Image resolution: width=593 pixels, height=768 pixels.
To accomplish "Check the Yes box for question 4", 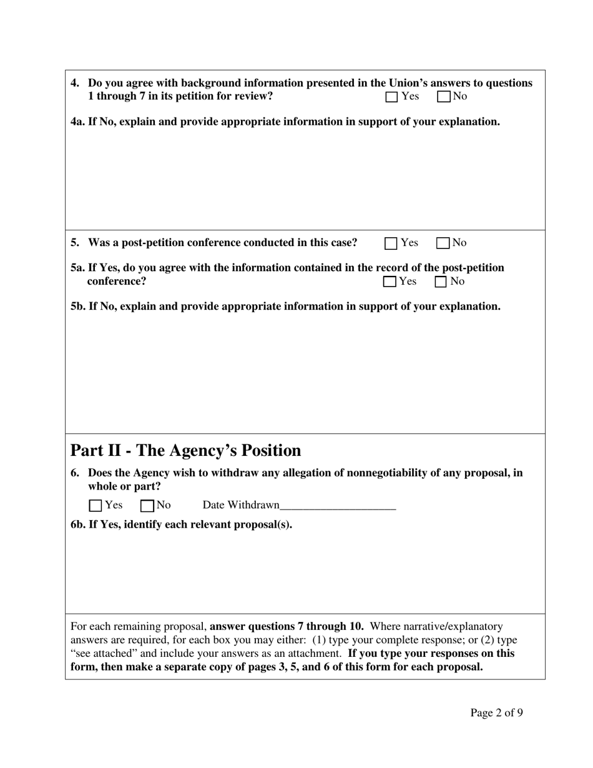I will tap(391, 97).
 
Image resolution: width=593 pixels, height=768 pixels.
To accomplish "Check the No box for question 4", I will tap(444, 97).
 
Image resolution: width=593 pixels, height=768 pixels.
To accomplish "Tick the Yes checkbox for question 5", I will tap(391, 244).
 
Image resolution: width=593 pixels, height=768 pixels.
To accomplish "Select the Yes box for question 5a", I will tap(390, 282).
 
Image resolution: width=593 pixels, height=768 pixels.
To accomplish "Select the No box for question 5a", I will tap(441, 282).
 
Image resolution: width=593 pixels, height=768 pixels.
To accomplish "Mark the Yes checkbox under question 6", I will tap(96, 506).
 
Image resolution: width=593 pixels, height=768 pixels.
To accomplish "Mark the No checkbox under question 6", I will tap(147, 506).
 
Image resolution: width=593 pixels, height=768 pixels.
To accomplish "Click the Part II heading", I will tap(185, 451).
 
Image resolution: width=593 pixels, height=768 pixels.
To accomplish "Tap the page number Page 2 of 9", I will tap(496, 713).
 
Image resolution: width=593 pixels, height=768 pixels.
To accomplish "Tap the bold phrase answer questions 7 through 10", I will tap(287, 626).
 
